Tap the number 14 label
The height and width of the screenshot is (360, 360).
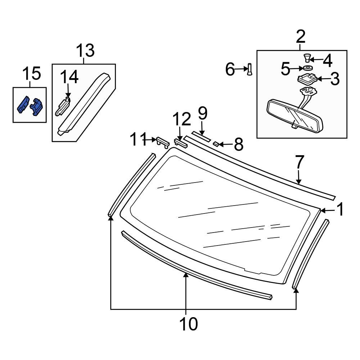pos(69,78)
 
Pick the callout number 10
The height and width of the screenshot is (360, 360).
pos(189,324)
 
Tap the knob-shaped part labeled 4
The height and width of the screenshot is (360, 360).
pos(306,57)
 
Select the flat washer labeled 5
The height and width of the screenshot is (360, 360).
pos(307,68)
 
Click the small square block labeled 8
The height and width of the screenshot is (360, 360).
pos(216,144)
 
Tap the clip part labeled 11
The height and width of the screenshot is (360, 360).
pos(162,141)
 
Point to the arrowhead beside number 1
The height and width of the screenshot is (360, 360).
pos(323,210)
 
